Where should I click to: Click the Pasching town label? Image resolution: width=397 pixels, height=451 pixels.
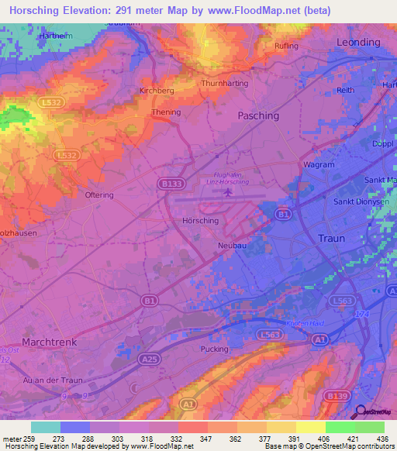pos(258,115)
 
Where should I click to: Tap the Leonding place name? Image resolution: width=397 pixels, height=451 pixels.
pos(358,42)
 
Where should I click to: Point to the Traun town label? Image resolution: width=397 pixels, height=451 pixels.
pos(331,239)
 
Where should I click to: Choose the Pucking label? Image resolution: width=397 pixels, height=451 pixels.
pos(215,349)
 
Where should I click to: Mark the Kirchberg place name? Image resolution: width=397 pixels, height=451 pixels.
pos(156,91)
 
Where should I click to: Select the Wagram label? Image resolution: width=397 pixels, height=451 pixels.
pos(319,165)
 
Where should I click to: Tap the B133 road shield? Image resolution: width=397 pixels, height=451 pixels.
pos(174,183)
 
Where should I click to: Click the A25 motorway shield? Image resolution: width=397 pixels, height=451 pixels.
pos(150,359)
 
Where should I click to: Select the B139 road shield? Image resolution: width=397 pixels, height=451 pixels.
pos(337,396)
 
